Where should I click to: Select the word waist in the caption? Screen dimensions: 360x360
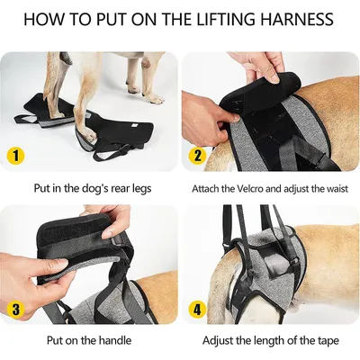[336, 190]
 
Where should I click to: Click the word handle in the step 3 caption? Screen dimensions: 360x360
[116, 341]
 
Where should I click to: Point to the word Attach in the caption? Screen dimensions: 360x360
[208, 190]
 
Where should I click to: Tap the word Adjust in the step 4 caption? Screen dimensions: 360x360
[220, 341]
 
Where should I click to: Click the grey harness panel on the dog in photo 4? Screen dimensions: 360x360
[270, 261]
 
